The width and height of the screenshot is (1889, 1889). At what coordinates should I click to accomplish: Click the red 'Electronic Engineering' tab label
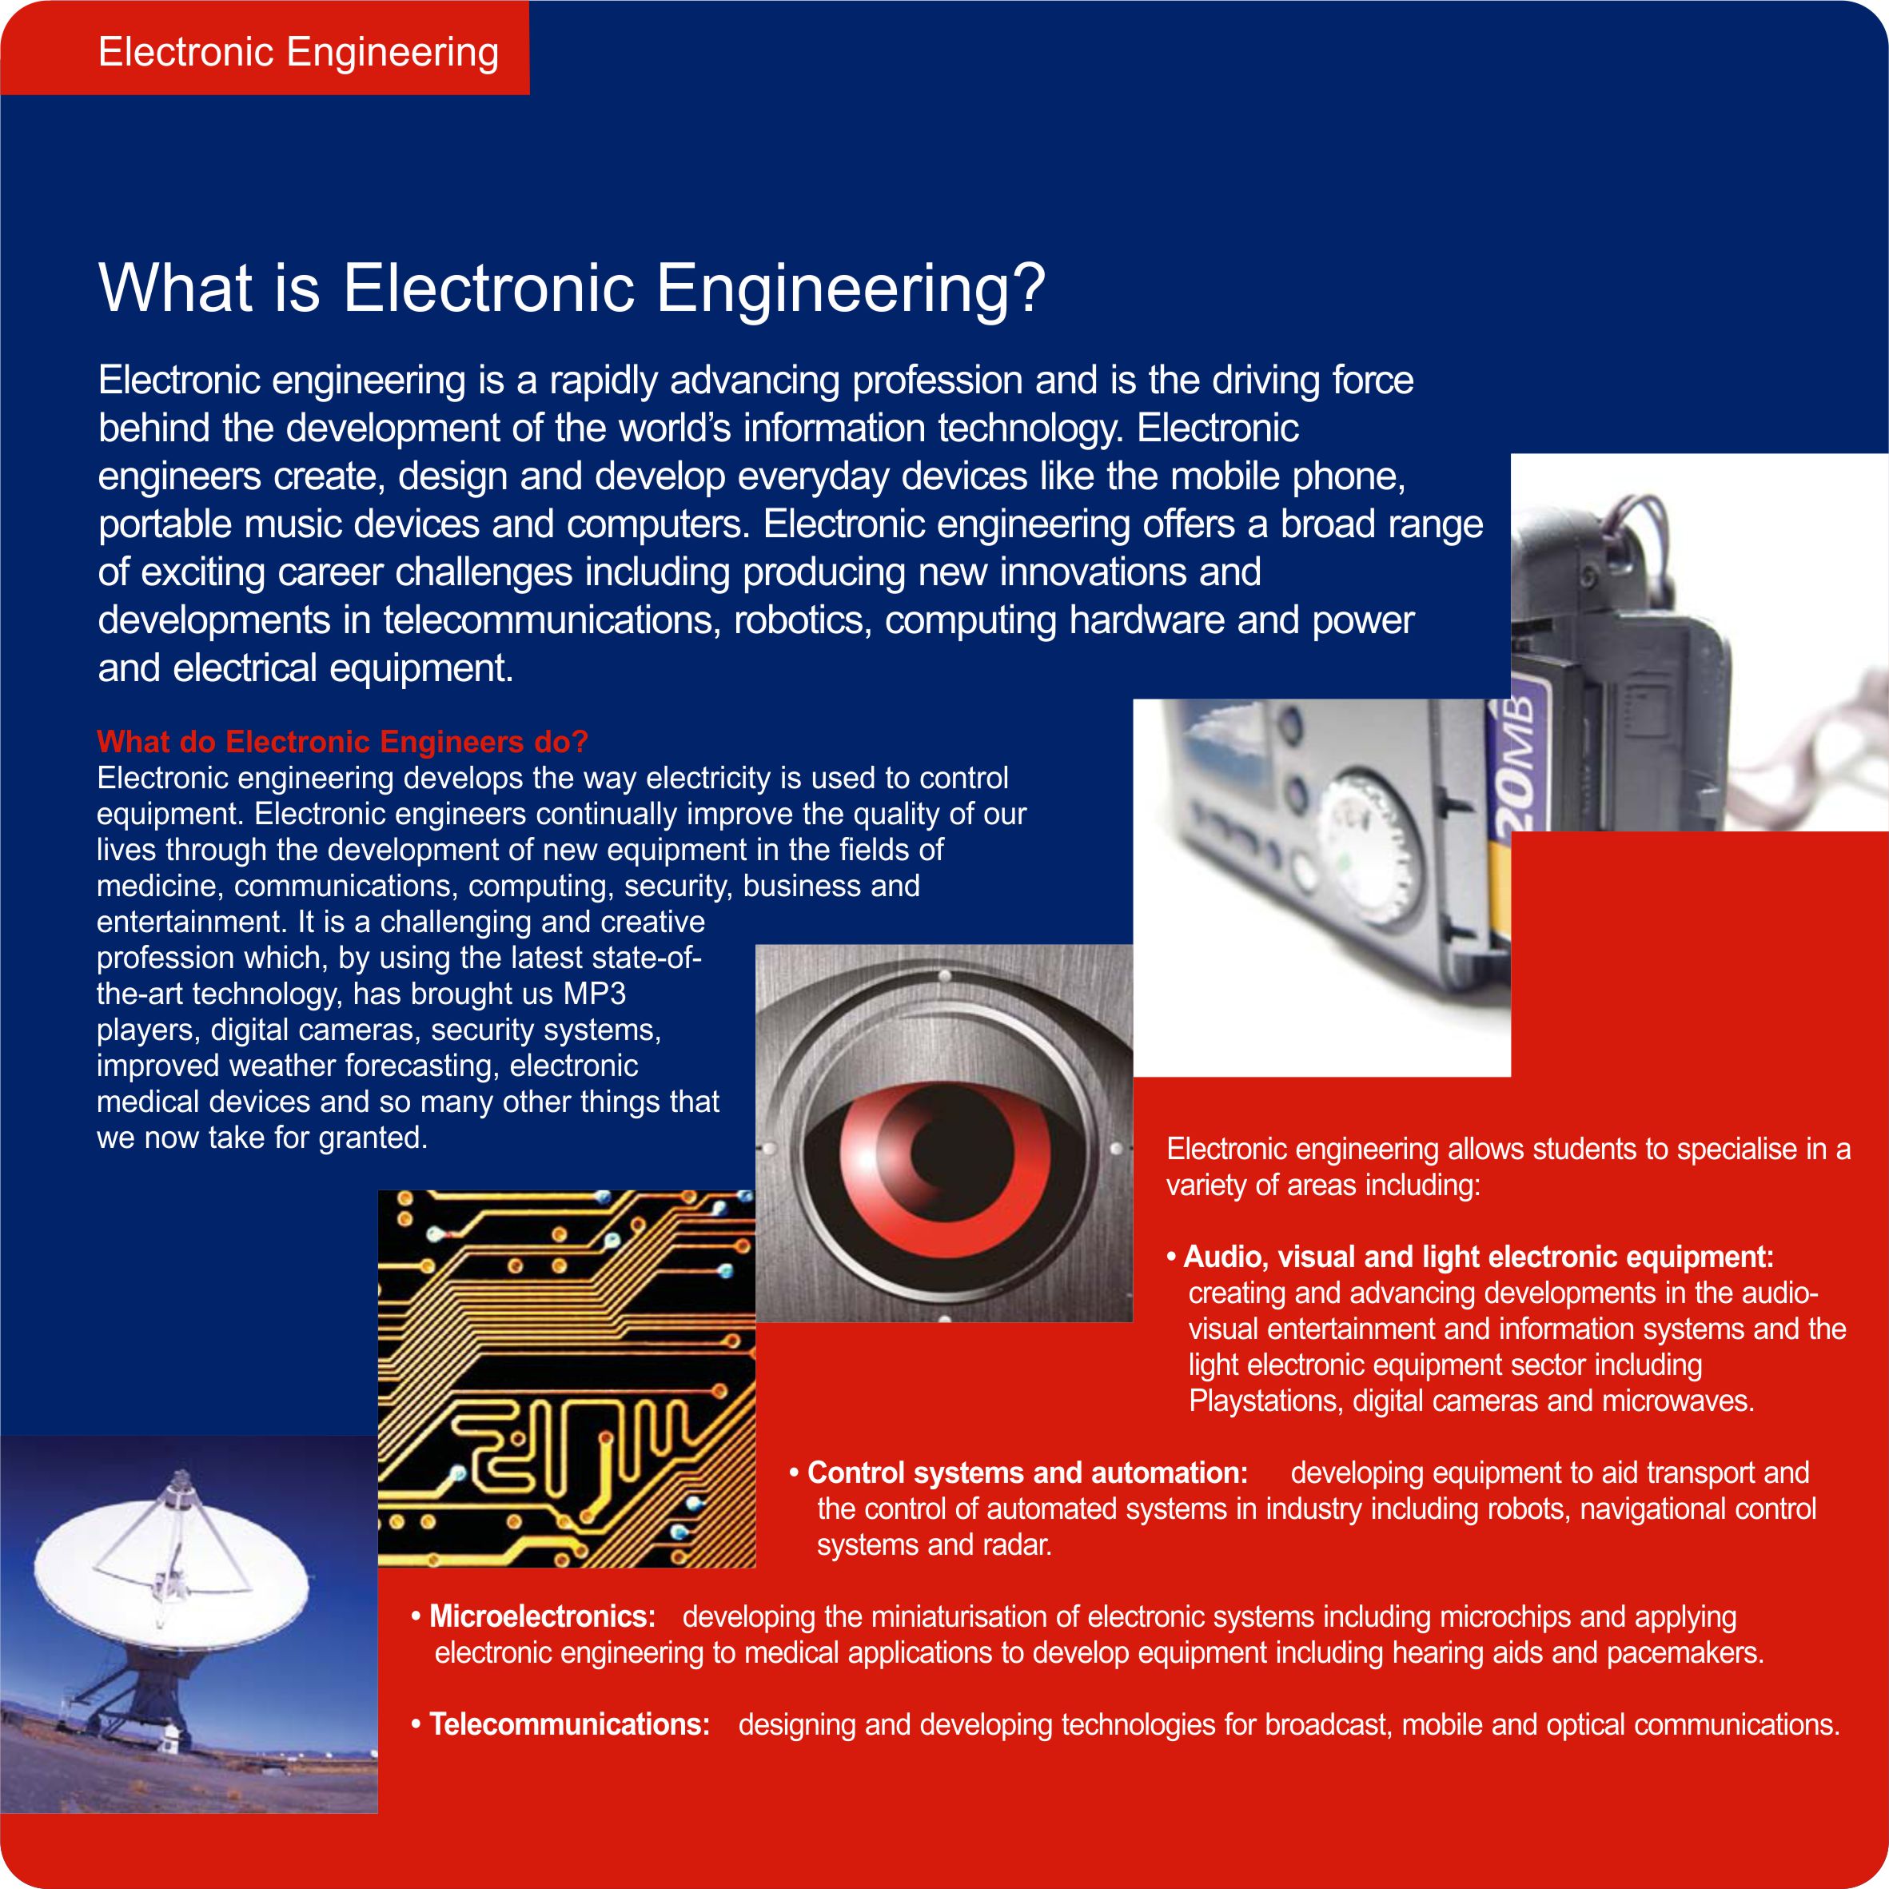298,52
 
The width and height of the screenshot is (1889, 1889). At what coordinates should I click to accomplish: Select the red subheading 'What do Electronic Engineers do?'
342,742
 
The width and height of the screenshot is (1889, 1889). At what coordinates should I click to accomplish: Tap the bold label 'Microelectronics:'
543,1616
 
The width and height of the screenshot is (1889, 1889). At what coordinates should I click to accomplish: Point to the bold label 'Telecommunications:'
570,1724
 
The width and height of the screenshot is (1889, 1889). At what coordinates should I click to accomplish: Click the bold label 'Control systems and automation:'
1027,1473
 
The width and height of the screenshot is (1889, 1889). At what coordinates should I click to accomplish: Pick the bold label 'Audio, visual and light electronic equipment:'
1478,1257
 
